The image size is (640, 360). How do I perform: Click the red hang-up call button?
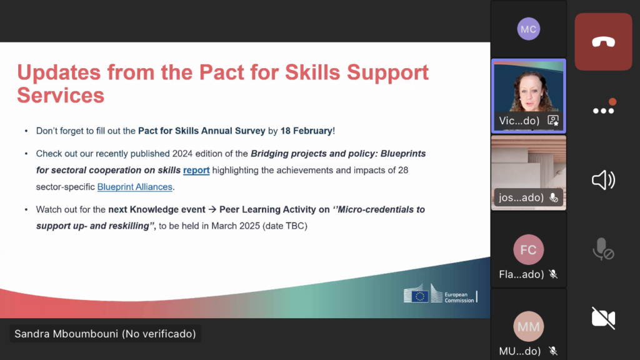[x=603, y=42]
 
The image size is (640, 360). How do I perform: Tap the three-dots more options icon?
[x=603, y=111]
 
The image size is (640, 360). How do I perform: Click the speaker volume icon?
[x=603, y=180]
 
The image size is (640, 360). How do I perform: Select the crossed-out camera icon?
[x=603, y=318]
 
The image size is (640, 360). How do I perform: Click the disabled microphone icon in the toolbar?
[x=603, y=249]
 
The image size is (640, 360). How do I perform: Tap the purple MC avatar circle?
[x=529, y=29]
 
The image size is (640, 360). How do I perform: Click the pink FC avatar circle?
[x=529, y=249]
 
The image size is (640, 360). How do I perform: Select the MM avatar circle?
[x=529, y=326]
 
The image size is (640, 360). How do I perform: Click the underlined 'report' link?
[x=196, y=170]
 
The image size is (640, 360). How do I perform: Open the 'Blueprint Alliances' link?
[x=135, y=187]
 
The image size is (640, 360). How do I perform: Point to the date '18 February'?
[x=306, y=131]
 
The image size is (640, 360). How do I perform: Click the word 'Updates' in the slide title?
[x=59, y=72]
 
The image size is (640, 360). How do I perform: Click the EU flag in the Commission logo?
[x=419, y=296]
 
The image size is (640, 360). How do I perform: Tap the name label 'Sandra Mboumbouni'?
[x=66, y=334]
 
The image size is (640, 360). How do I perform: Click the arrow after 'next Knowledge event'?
[x=212, y=210]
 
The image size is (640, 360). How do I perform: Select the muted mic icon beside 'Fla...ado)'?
[x=554, y=274]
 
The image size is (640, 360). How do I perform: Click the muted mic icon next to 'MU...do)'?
[x=554, y=351]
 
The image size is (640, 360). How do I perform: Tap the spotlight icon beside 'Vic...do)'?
[x=553, y=121]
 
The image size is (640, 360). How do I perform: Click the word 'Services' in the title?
[x=61, y=96]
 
